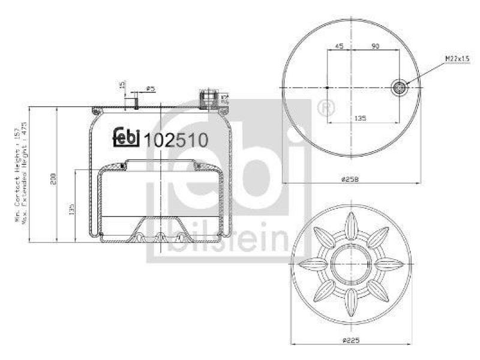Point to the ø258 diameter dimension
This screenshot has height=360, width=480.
352,178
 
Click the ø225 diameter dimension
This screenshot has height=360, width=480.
352,340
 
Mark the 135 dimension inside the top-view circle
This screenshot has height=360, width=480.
359,118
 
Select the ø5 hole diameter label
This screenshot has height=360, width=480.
151,89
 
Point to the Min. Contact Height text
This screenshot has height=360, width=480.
17,174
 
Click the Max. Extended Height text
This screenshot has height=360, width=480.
26,174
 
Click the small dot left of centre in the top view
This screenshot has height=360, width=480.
326,88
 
